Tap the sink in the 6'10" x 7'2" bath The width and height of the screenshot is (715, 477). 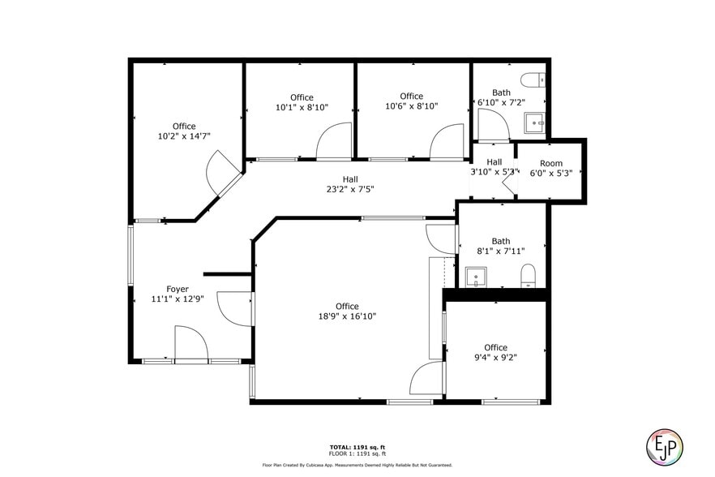pos(534,123)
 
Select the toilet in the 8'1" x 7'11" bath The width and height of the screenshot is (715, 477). pos(528,274)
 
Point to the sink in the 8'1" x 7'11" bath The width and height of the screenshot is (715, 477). pos(474,277)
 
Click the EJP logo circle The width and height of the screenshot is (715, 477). pos(665,445)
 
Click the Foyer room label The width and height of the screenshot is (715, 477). pos(178,289)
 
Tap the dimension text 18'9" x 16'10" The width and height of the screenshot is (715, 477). pos(347,316)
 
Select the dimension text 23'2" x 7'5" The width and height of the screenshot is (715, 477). pos(350,189)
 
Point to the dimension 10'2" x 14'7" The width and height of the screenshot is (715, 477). pos(184,136)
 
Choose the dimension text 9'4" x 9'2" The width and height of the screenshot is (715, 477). pos(495,357)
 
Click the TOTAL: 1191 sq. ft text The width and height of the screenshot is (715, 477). pos(357,447)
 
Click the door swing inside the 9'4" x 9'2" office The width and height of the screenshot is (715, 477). pos(427,381)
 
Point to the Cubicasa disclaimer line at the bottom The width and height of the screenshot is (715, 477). pos(357,465)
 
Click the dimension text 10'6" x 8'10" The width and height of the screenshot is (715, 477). pos(411,106)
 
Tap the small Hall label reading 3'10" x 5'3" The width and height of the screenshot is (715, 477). pos(495,171)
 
